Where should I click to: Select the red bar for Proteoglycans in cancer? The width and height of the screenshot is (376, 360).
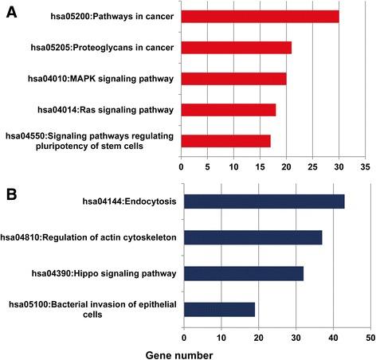[x=236, y=47]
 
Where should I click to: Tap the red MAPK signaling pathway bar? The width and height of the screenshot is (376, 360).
[x=233, y=79]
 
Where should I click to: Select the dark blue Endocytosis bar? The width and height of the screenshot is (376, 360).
[x=264, y=201]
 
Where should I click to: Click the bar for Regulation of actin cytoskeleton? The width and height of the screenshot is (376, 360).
[x=253, y=237]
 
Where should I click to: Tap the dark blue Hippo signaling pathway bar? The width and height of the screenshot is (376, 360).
[x=243, y=272]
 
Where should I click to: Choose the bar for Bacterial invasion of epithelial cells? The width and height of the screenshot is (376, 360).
[x=219, y=309]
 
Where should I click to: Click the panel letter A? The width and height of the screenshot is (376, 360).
[x=12, y=10]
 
